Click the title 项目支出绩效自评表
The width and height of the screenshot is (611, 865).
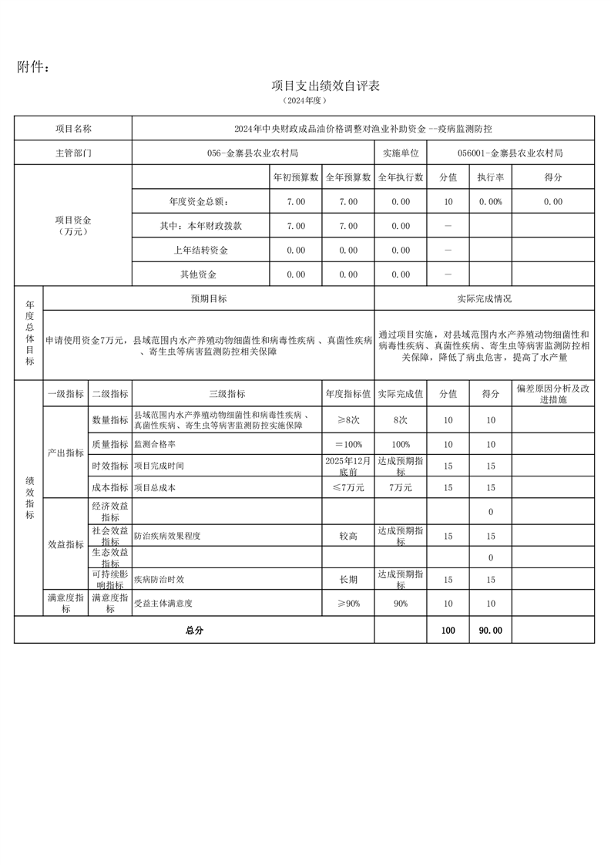pos(326,86)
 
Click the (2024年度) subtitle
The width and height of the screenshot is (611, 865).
pos(305,101)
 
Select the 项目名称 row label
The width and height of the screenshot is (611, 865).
pos(73,129)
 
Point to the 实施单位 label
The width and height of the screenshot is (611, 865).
pos(401,153)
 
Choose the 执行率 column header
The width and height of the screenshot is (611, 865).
pos(490,177)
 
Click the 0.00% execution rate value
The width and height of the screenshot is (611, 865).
pos(490,202)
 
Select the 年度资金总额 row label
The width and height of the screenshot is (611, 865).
pos(199,202)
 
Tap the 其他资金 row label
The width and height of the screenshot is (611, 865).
pos(199,274)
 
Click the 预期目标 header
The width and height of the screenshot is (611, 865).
pos(209,298)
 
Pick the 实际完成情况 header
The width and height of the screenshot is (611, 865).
pos(484,298)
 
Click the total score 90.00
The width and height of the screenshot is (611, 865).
pos(490,631)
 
